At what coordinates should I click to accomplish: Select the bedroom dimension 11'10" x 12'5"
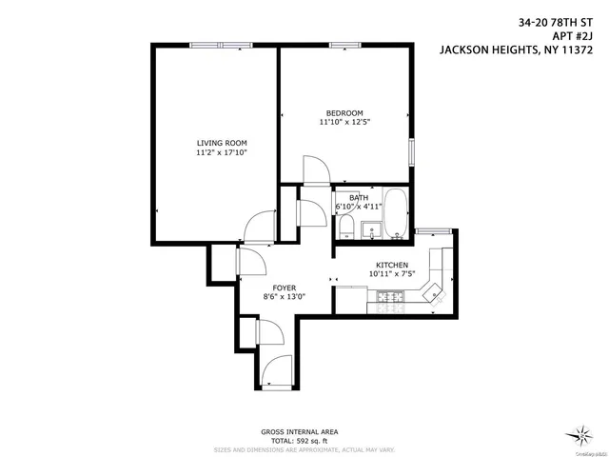[x=344, y=122]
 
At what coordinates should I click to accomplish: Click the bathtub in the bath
[x=395, y=214]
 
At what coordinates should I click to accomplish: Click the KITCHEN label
[x=391, y=265]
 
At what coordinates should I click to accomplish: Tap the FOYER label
[x=284, y=287]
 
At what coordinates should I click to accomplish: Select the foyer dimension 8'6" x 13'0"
[x=284, y=296]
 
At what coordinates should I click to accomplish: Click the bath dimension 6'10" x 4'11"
[x=359, y=206]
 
